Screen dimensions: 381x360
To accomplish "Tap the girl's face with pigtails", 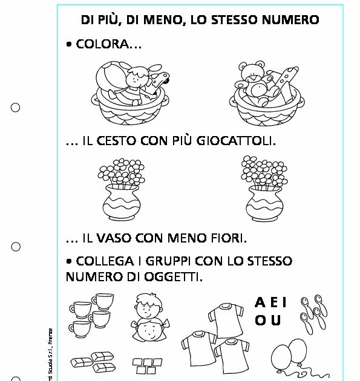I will click(x=147, y=332).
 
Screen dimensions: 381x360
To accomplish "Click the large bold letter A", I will click(x=260, y=302).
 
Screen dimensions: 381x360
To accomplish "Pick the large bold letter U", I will click(x=276, y=321).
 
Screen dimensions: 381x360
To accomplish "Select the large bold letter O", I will click(x=260, y=321).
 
